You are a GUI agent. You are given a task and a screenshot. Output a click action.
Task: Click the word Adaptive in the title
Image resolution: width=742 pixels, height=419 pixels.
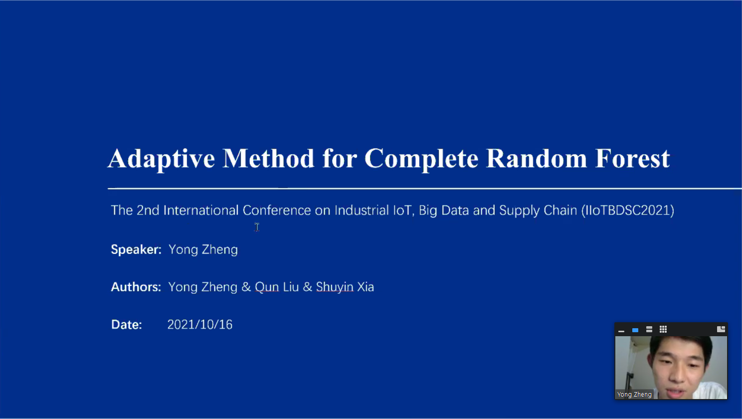click(161, 159)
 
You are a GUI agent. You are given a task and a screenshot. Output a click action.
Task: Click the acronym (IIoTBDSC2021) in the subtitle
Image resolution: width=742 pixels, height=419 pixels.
click(628, 210)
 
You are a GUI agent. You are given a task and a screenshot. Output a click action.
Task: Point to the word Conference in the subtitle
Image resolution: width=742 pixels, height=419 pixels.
click(277, 210)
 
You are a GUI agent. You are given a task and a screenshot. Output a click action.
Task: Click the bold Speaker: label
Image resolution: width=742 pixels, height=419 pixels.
click(136, 250)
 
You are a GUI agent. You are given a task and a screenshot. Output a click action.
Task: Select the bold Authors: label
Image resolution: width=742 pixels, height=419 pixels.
click(136, 287)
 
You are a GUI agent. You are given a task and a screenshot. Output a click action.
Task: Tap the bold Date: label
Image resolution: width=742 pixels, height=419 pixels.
click(127, 325)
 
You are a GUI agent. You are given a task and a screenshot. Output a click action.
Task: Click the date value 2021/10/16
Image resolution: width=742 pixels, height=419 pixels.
click(200, 325)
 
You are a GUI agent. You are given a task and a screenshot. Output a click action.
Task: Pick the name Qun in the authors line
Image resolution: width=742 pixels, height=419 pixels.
click(267, 287)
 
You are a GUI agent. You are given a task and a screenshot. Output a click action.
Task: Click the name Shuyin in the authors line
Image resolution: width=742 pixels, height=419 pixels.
click(335, 287)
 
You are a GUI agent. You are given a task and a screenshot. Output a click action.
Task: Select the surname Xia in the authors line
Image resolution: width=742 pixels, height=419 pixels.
click(366, 287)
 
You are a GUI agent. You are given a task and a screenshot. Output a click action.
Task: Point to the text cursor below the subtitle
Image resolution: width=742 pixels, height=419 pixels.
click(257, 227)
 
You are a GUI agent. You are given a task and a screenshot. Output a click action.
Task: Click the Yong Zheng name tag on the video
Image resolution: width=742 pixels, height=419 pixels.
click(634, 395)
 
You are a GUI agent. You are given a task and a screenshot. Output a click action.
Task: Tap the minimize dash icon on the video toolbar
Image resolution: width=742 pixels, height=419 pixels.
click(621, 331)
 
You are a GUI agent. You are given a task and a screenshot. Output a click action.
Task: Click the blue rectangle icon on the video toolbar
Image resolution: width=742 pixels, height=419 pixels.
click(635, 330)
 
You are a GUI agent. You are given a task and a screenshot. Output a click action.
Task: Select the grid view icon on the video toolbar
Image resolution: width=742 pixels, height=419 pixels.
click(663, 329)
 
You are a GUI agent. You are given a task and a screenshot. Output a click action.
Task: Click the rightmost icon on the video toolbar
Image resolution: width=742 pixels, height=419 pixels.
click(721, 329)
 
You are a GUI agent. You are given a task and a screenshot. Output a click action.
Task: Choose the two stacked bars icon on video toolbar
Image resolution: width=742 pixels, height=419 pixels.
click(649, 330)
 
